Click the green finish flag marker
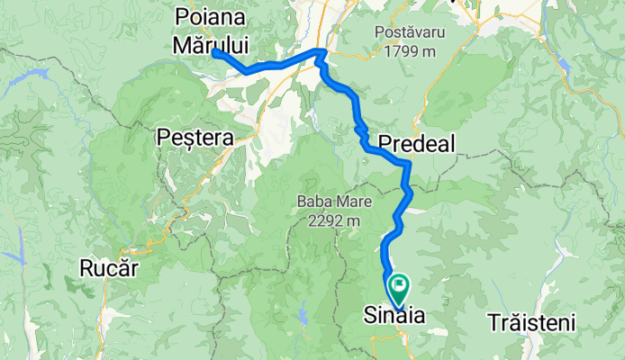click(397, 286)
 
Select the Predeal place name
click(417, 143)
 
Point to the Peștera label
click(195, 138)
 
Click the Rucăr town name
click(108, 268)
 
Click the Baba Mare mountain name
click(329, 201)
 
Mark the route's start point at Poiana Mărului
click(216, 53)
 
